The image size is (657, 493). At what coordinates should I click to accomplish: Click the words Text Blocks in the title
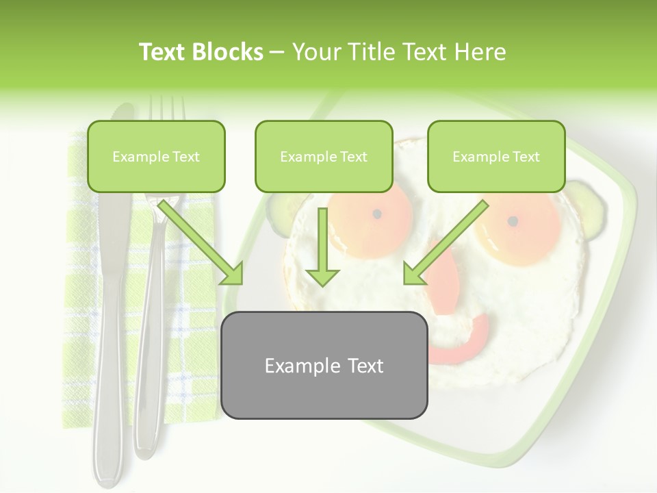(201, 52)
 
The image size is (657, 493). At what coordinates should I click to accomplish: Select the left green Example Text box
(156, 156)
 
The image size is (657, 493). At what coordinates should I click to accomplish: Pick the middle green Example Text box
(324, 156)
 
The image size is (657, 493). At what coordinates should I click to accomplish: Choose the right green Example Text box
(496, 156)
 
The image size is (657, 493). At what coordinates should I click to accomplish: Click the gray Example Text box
(324, 365)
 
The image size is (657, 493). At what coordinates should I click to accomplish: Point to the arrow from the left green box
(202, 243)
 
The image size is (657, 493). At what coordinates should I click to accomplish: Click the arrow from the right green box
(445, 243)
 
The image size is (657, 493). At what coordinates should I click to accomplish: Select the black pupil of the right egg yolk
(512, 221)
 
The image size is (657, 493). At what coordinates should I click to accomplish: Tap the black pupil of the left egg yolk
(376, 214)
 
